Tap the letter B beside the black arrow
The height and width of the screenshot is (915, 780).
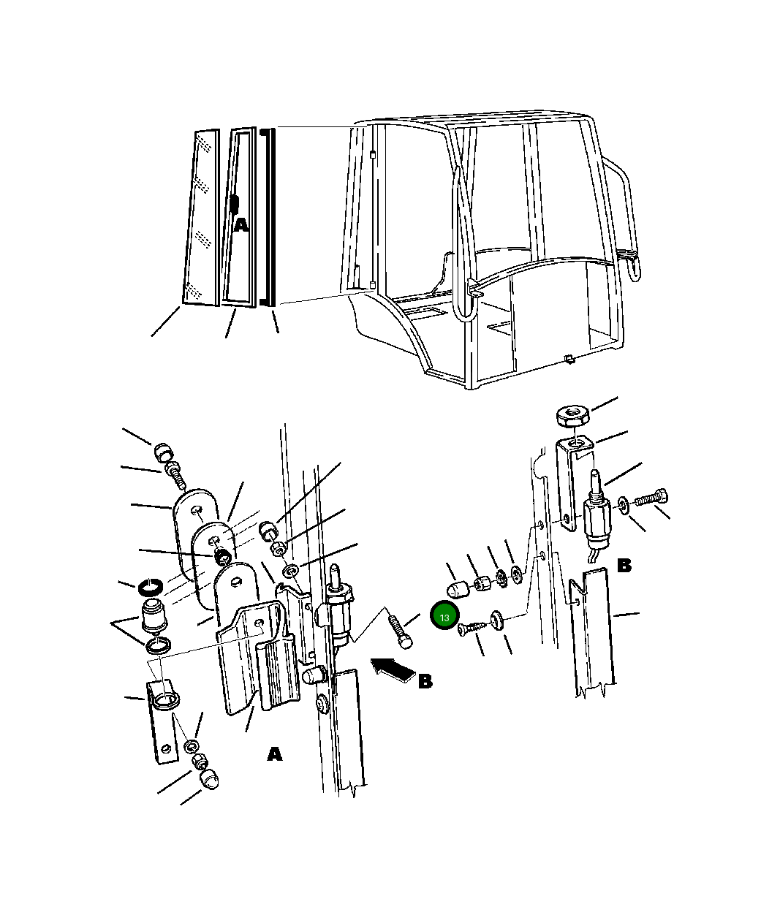[x=425, y=682]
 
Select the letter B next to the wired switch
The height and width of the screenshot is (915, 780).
[x=624, y=566]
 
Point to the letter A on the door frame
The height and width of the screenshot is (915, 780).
[x=241, y=226]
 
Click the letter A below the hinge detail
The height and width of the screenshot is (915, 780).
[x=274, y=754]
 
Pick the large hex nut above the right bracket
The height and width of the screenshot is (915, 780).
[x=573, y=415]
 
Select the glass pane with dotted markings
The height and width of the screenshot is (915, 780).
[x=202, y=218]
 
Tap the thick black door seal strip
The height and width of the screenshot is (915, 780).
[x=268, y=217]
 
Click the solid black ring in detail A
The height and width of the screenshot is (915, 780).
[x=151, y=588]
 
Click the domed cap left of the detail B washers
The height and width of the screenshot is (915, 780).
[x=457, y=590]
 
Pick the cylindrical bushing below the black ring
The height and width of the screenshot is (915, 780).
[x=154, y=616]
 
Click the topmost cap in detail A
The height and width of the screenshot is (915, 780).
[x=163, y=452]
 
